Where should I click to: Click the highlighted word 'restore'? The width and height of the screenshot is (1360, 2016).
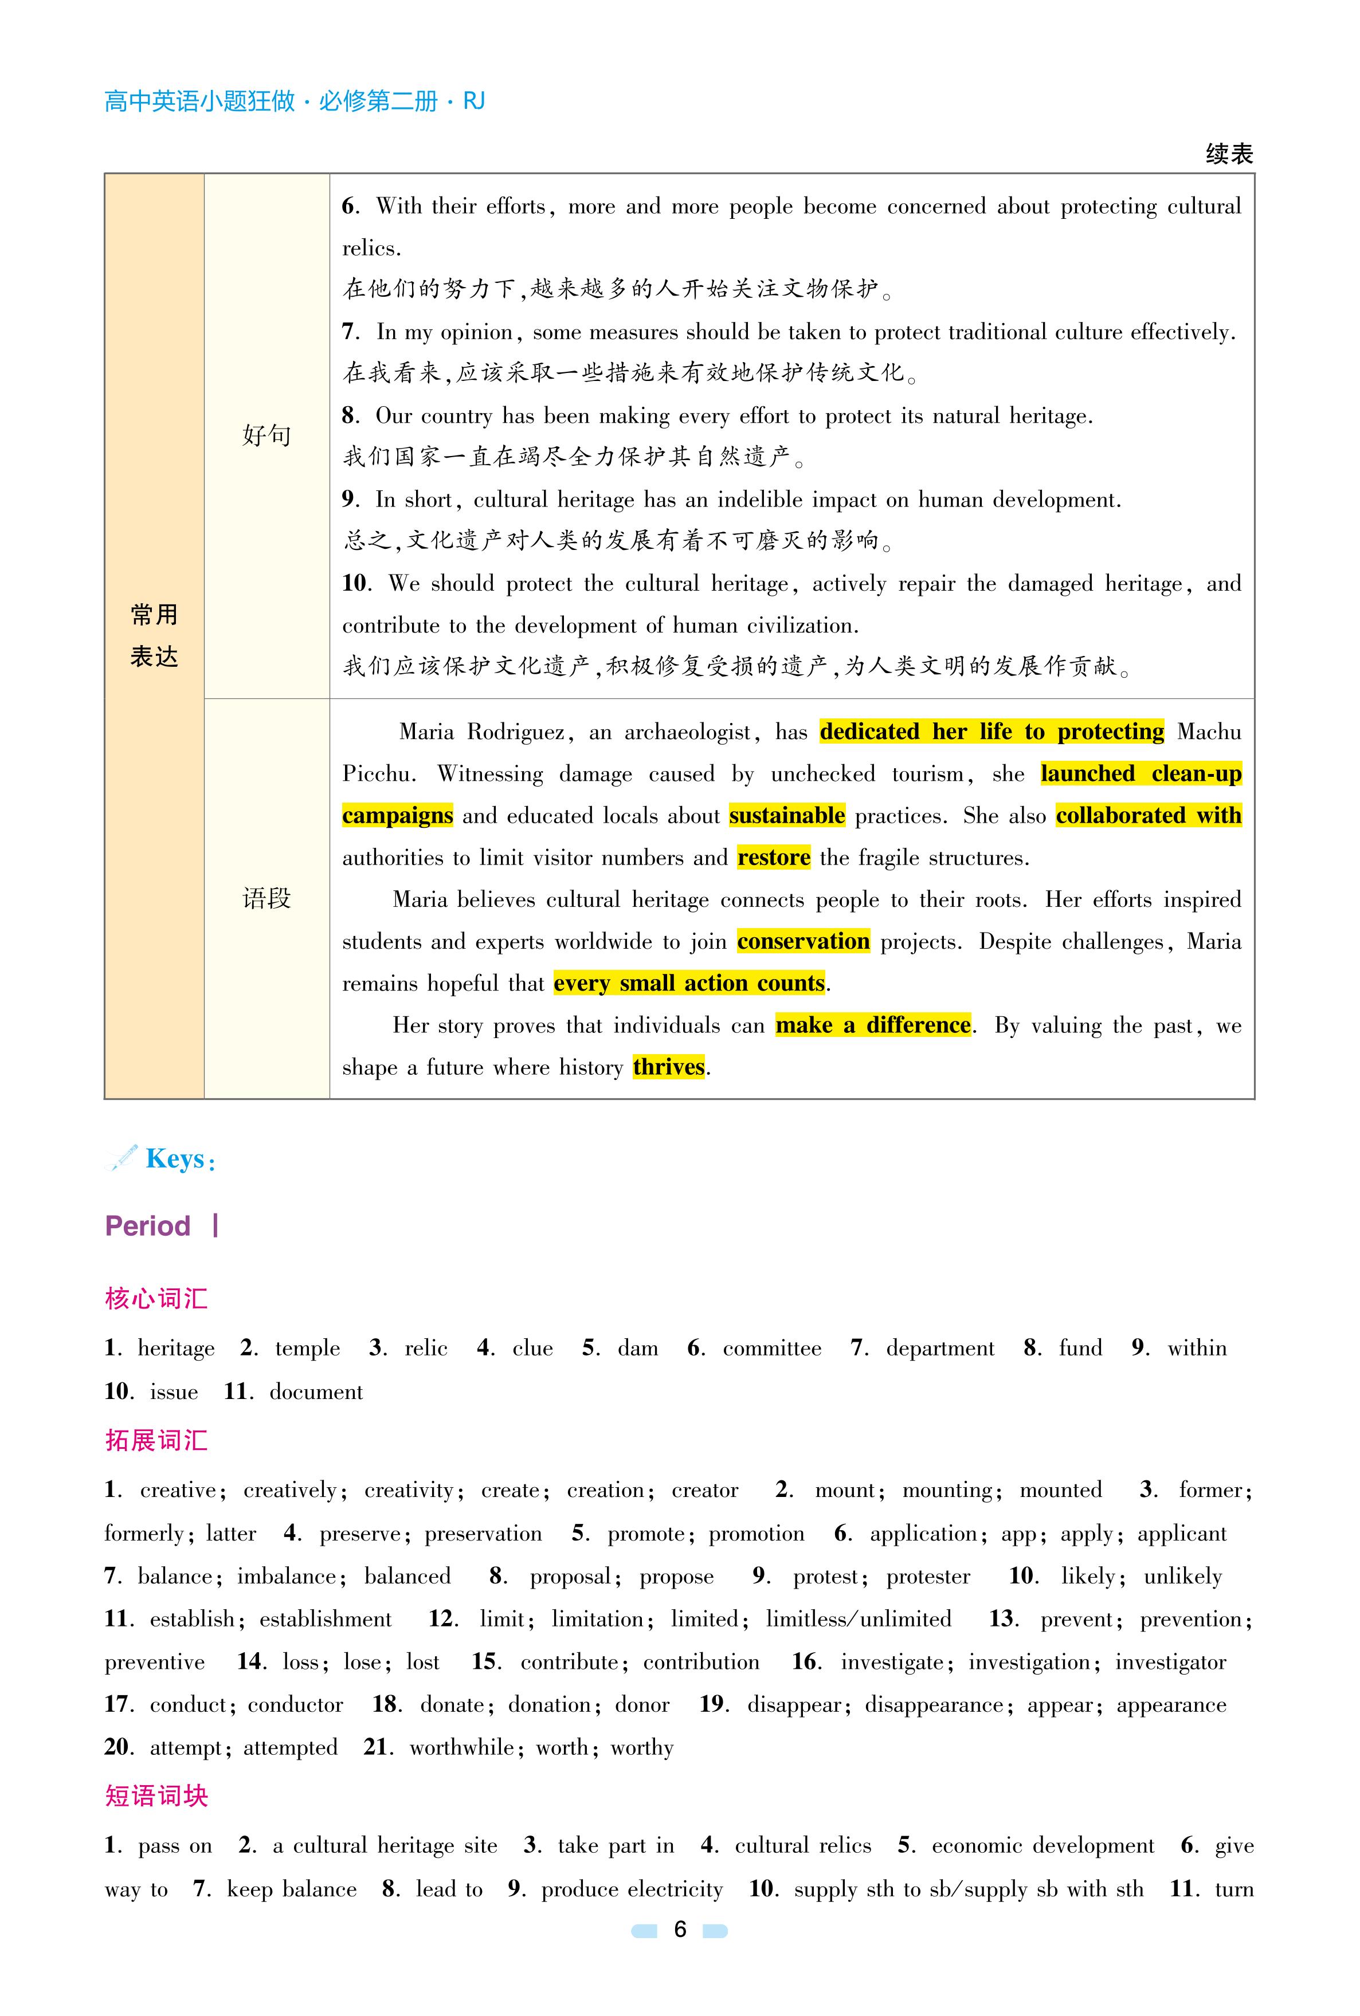(x=774, y=858)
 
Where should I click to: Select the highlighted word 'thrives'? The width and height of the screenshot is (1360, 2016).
(x=669, y=1067)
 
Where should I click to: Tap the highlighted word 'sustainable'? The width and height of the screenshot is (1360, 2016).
(x=787, y=815)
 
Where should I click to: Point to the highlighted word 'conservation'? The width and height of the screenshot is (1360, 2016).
(x=803, y=942)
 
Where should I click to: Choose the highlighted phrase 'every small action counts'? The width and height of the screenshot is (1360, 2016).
(x=689, y=983)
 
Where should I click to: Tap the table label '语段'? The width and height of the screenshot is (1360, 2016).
(x=266, y=898)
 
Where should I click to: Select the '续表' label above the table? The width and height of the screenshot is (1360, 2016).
(x=1229, y=154)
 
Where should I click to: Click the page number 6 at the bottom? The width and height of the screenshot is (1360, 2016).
(x=680, y=1929)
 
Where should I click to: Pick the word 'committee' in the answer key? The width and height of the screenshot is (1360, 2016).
(x=772, y=1349)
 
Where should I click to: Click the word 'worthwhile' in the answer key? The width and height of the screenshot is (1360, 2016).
(x=461, y=1747)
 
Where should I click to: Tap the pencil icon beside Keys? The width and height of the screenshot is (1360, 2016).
(x=122, y=1158)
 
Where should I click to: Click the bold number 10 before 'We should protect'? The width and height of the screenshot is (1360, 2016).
(x=355, y=584)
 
